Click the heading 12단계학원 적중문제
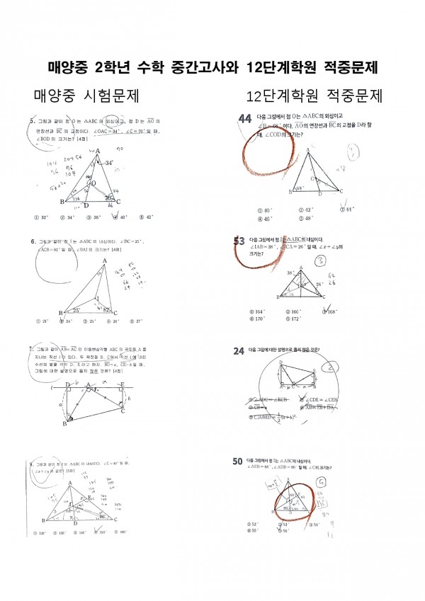tap(314, 96)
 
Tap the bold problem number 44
tap(246, 119)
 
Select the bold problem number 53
tap(239, 241)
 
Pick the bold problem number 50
tap(239, 462)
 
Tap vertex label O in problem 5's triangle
tap(93, 183)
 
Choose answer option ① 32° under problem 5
tap(46, 217)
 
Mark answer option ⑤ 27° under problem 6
tap(134, 321)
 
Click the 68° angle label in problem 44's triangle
tap(300, 188)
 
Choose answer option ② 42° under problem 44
tap(306, 210)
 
